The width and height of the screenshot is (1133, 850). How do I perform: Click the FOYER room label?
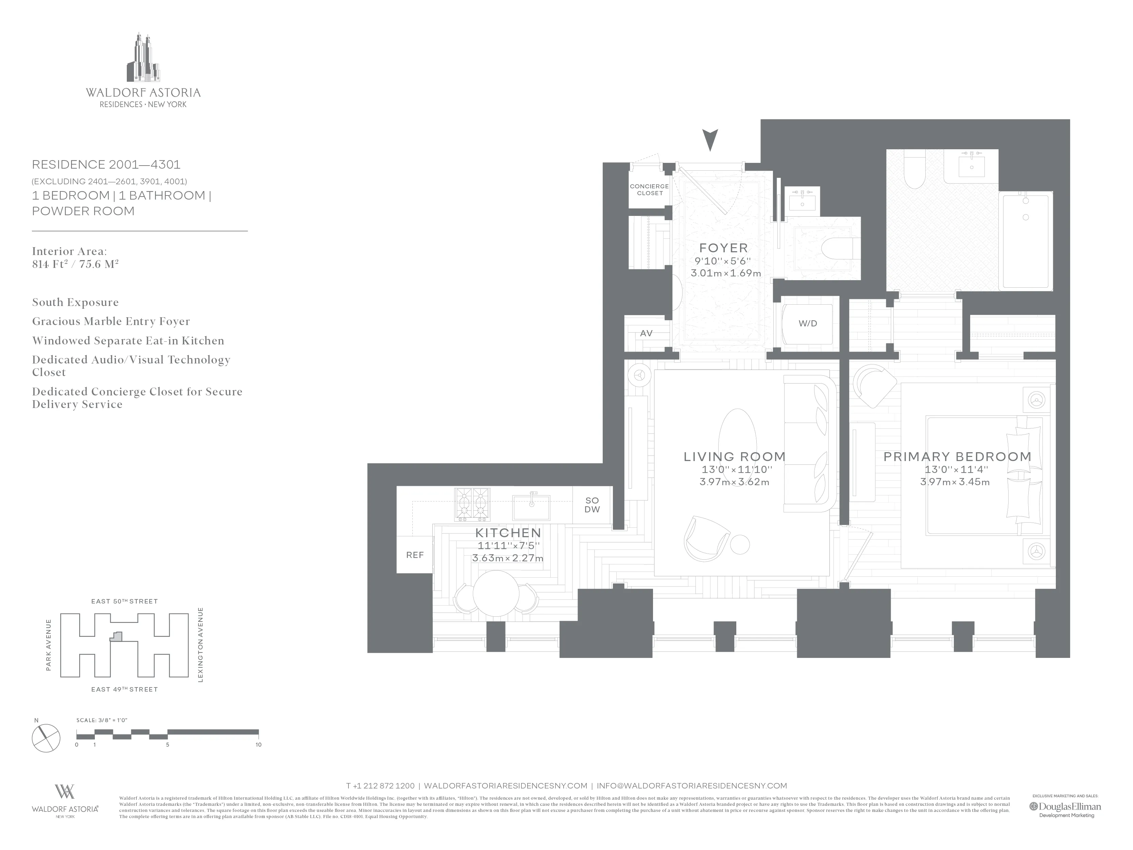[x=723, y=248]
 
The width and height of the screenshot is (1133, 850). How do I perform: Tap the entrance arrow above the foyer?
[x=710, y=140]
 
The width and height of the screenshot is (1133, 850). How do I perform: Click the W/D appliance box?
[x=808, y=324]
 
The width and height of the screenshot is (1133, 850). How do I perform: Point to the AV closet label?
[x=647, y=334]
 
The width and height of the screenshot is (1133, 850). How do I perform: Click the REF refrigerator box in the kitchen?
[x=414, y=555]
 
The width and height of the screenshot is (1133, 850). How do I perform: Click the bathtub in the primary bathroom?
[x=1026, y=241]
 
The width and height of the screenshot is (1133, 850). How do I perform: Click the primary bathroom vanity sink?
[x=971, y=167]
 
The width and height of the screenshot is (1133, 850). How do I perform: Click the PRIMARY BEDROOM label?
[x=957, y=457]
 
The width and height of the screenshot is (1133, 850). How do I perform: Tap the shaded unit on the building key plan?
[x=118, y=637]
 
